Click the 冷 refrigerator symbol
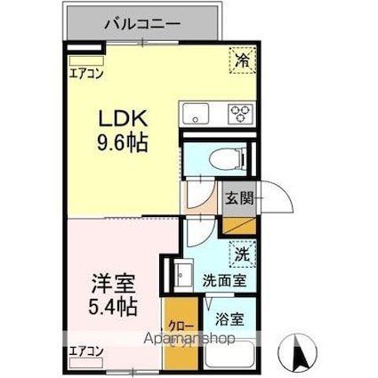point(242,60)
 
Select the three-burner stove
point(240,113)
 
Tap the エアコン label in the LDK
point(87,75)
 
